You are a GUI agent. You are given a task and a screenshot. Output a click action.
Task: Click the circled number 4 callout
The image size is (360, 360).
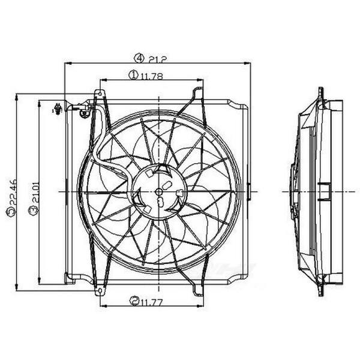[x=139, y=58]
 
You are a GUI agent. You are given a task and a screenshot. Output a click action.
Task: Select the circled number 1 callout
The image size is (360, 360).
[x=132, y=76]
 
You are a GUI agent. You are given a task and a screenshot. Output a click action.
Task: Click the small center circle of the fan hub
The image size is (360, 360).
[x=158, y=191]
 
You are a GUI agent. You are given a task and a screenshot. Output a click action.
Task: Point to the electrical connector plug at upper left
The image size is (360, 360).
[x=57, y=109]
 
